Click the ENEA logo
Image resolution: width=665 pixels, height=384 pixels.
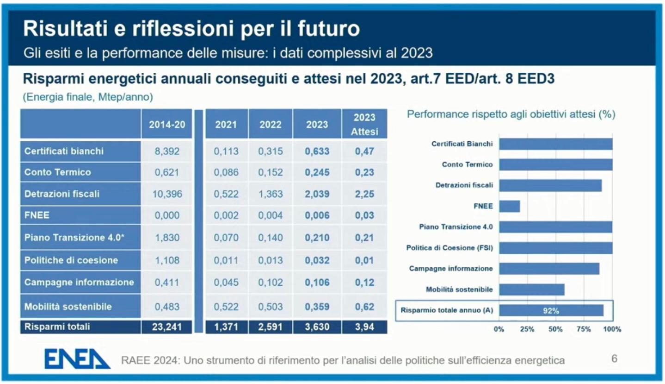[x=77, y=359]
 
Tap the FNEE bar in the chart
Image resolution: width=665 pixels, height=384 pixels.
[x=510, y=206]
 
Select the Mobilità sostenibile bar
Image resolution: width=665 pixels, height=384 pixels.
[x=532, y=290]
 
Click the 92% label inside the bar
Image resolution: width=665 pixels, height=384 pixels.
[x=551, y=311]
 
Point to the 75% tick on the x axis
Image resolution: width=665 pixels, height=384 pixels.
[x=584, y=330]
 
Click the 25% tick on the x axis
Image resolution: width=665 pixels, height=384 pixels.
[x=527, y=330]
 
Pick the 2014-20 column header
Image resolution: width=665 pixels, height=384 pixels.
[x=167, y=124]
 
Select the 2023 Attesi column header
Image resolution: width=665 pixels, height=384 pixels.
[x=364, y=124]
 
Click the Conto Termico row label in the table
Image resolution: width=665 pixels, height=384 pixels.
[x=57, y=172]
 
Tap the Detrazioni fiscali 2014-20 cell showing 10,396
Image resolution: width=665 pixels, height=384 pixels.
[x=167, y=194]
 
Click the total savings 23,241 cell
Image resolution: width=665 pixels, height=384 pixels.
[x=167, y=327]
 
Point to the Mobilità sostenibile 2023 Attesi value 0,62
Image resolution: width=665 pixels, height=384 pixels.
[x=364, y=306]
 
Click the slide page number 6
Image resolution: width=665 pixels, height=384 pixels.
[x=614, y=359]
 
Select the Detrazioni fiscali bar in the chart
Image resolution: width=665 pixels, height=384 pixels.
[x=550, y=185]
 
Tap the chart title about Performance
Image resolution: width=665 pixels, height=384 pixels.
[x=511, y=115]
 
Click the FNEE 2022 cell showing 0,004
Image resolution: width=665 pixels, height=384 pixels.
[x=271, y=216]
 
